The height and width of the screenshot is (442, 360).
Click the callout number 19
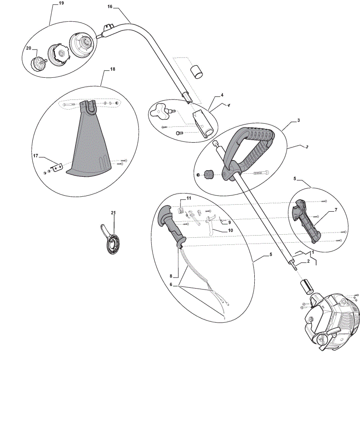point(61,3)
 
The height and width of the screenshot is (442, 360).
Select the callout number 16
point(110,7)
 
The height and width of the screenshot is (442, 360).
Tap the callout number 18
point(113,69)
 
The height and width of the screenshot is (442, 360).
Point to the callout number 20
point(28,48)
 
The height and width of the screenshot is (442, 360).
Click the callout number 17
point(35,156)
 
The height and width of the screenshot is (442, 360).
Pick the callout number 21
point(113,213)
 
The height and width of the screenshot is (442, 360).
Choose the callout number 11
point(189,198)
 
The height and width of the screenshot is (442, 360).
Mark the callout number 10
point(230,230)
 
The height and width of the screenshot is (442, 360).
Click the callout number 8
point(171,276)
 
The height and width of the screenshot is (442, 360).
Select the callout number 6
point(171,284)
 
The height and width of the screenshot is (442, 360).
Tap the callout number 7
point(336,210)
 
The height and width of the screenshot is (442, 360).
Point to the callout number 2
point(308,261)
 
